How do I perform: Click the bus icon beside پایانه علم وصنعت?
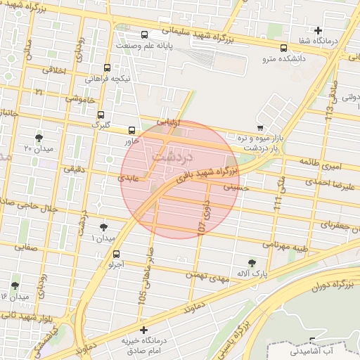(x=145, y=34)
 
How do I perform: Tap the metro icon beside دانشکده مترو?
(x=283, y=49)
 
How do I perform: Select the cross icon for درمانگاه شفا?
(x=319, y=30)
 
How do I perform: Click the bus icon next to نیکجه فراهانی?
(x=107, y=68)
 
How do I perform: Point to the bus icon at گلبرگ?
(x=101, y=114)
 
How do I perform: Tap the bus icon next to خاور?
(x=131, y=129)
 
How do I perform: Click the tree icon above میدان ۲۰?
(x=38, y=137)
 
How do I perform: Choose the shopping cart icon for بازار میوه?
(x=261, y=127)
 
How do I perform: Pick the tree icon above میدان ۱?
(x=104, y=226)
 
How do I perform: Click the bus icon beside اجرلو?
(x=116, y=254)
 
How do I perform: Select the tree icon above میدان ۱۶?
(x=15, y=285)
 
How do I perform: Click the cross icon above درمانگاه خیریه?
(x=143, y=330)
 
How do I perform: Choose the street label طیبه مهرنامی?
(x=286, y=244)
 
